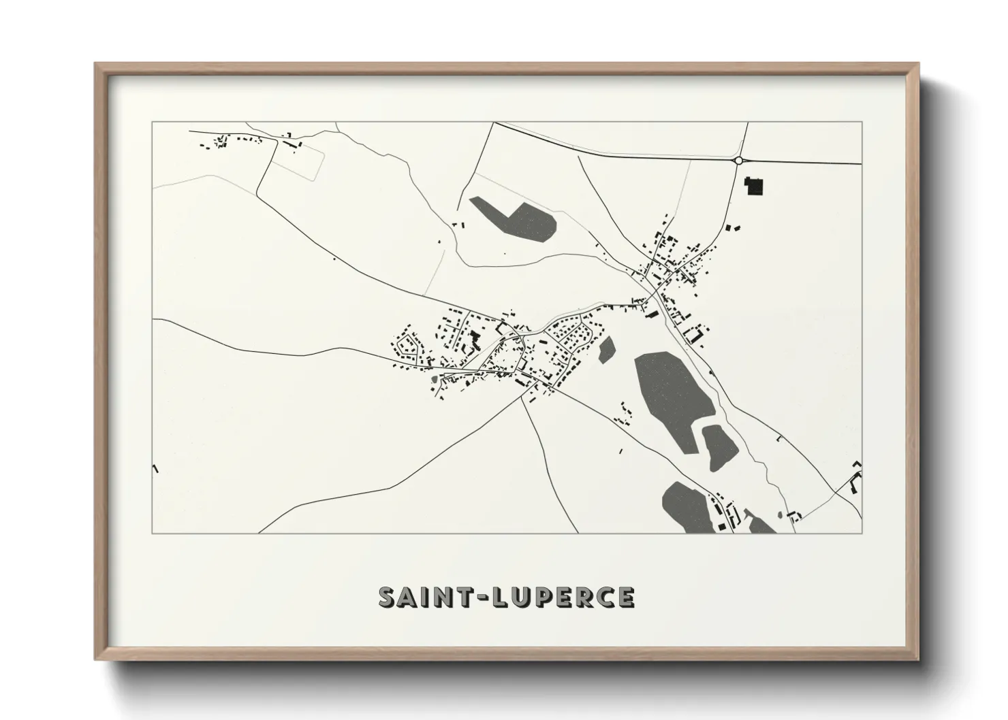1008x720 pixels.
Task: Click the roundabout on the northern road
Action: tap(738, 161)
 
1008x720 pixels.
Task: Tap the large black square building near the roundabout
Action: tap(755, 186)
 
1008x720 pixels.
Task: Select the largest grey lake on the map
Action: tap(673, 395)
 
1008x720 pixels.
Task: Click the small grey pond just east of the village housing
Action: tap(606, 349)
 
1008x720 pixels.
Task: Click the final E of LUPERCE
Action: tap(625, 598)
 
